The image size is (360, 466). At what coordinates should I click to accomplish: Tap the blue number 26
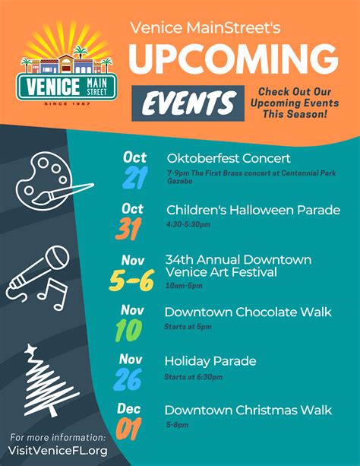[x=128, y=378]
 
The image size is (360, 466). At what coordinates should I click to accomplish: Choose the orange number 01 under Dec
[x=129, y=430]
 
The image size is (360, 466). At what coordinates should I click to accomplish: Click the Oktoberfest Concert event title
[x=229, y=159]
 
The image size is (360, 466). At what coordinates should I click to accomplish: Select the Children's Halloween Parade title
[x=253, y=209]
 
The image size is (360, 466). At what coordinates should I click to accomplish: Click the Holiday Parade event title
[x=210, y=361]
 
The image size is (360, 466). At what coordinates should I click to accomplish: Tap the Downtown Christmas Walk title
[x=248, y=411]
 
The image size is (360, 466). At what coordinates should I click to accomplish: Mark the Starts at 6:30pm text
[x=193, y=376]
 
